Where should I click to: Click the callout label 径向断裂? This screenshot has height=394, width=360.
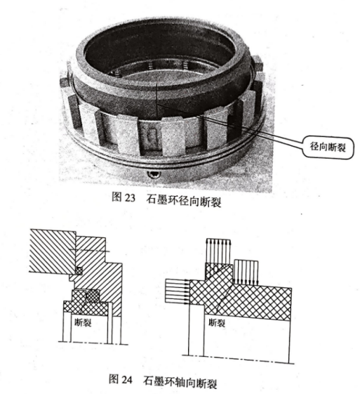point(327,147)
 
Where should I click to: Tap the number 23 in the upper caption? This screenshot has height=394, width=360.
point(130,198)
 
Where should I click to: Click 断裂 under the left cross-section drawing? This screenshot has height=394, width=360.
point(83,322)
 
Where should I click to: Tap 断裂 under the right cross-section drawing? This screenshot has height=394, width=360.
point(217,322)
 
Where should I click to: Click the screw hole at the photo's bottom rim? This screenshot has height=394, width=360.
point(152,174)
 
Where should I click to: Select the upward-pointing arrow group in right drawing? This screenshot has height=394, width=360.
point(218,251)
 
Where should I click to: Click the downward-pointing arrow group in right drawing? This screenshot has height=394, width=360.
point(246,272)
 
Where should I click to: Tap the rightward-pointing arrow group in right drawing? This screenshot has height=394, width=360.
point(178,291)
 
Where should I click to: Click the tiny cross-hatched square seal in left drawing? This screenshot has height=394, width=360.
point(79,270)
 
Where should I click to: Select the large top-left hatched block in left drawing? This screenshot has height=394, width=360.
point(52,251)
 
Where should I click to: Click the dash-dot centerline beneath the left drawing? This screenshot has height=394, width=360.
point(93,343)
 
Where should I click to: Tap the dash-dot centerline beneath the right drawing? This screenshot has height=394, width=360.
point(238,360)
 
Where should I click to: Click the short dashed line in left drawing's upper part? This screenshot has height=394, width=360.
point(89,250)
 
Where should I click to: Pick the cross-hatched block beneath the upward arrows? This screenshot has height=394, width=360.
point(218,271)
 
